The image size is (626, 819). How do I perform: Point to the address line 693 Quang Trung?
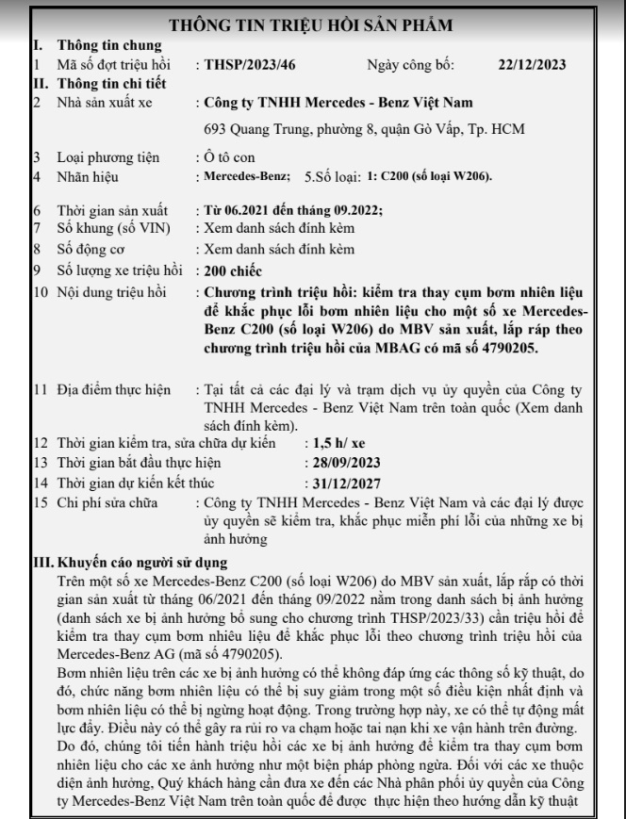[366, 128]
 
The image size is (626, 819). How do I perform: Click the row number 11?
[40, 387]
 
